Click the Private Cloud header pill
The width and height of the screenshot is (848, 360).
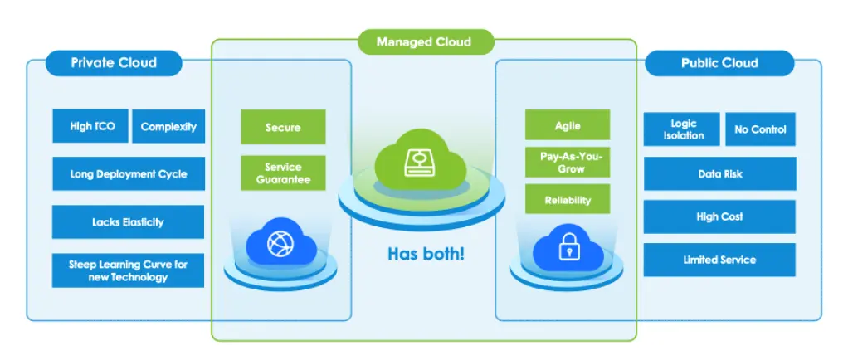tap(114, 63)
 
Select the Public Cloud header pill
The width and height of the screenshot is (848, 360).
tap(719, 63)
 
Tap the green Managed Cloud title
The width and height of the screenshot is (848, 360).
tap(424, 41)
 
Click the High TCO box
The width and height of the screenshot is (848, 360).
tap(92, 127)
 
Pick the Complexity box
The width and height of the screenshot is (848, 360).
tap(168, 127)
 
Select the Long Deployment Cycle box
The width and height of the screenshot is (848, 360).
tap(128, 174)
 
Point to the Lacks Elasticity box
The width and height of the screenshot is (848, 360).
tap(128, 222)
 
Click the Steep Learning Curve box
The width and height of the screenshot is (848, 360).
tap(128, 270)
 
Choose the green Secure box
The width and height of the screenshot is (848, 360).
tap(283, 128)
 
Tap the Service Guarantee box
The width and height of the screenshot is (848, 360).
tap(283, 173)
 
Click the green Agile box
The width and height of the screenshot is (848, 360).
tap(568, 125)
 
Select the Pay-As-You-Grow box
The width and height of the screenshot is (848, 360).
tap(568, 163)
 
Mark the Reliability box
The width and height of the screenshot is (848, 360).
tap(568, 200)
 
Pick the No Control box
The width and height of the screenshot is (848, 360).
tap(760, 129)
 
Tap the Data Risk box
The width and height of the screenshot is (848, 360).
tap(719, 174)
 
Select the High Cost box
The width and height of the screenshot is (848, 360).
tap(719, 216)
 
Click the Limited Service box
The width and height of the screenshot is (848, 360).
tap(719, 260)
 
